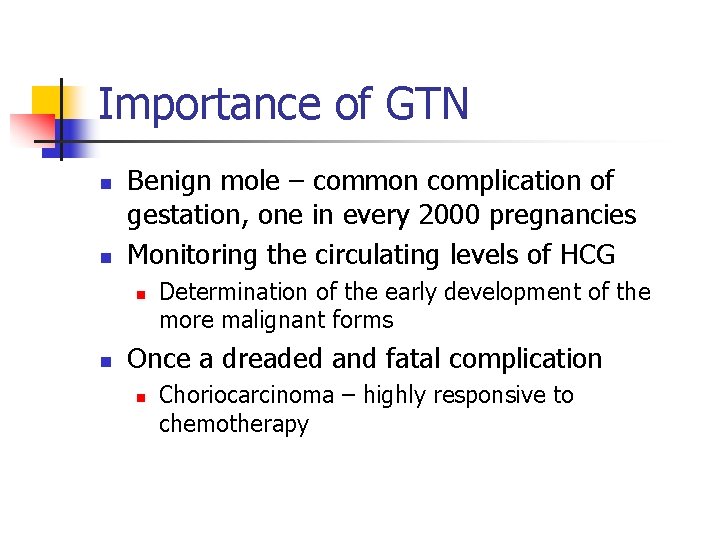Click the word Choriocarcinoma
(246, 395)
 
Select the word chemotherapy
(234, 424)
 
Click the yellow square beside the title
(47, 100)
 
